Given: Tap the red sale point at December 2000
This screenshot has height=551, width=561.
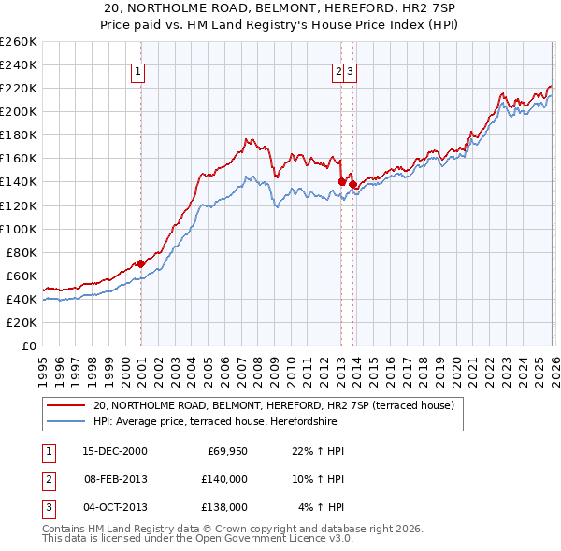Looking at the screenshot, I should pos(140,263).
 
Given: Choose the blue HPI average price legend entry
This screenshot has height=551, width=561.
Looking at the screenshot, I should pos(214,422).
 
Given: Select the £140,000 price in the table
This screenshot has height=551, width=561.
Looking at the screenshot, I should pos(223,479).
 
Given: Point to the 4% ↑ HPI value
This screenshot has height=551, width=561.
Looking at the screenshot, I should pos(321,507).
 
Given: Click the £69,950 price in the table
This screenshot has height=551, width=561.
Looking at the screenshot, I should pos(227,452).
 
